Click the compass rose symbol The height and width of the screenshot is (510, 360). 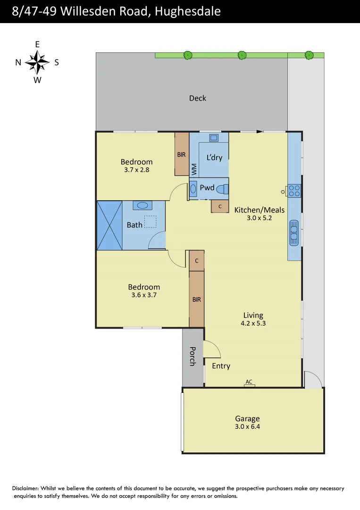click(37, 62)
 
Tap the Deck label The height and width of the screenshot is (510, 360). click(198, 98)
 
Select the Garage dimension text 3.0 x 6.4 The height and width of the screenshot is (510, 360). click(247, 427)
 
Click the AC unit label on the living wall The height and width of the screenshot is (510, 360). click(249, 382)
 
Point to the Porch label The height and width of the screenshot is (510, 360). click(193, 357)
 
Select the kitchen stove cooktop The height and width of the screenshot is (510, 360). click(294, 191)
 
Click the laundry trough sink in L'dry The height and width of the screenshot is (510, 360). click(214, 138)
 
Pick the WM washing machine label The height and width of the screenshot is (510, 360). click(194, 169)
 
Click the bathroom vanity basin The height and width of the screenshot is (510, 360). click(142, 205)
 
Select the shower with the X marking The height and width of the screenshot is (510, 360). click(109, 225)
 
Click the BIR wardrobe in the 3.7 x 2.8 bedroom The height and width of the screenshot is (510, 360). click(182, 154)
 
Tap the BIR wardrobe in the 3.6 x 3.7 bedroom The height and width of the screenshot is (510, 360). click(196, 299)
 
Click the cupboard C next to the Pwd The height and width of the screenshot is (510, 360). click(220, 206)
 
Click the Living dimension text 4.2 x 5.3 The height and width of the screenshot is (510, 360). click(253, 323)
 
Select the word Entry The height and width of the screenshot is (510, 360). click(221, 365)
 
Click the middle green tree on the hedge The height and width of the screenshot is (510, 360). click(242, 55)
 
